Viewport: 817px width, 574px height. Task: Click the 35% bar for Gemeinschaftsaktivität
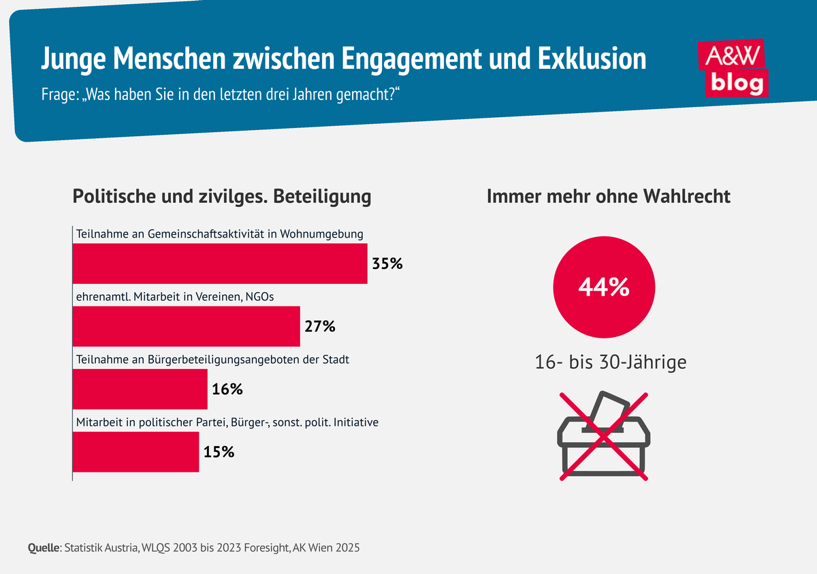(220, 264)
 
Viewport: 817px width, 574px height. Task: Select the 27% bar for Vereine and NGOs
(186, 326)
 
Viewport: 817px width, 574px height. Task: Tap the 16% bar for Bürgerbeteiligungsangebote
(140, 389)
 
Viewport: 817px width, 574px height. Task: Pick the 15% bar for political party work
(135, 451)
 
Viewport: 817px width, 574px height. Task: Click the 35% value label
(387, 264)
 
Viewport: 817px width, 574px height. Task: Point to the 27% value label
(320, 326)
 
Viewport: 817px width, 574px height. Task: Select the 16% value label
(227, 389)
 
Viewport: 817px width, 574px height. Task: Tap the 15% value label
(219, 451)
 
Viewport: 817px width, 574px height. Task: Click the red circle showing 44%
(603, 287)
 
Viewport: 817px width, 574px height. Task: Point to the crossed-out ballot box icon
(604, 436)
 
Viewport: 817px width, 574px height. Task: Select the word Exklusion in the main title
(592, 59)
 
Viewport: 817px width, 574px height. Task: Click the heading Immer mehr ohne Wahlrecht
(608, 197)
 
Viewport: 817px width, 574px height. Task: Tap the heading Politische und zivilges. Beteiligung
(222, 197)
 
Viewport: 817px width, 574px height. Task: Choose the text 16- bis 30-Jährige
(610, 362)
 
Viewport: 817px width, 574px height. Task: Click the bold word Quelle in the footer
(44, 547)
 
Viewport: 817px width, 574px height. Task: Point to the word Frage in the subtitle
(57, 95)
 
